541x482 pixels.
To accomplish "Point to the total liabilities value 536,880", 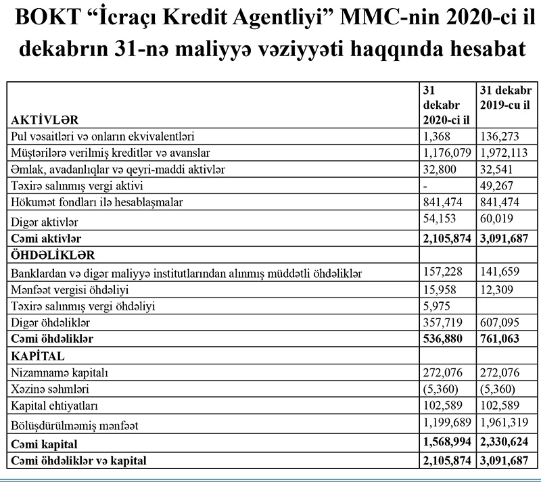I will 440,337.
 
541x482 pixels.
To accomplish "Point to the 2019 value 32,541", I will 497,169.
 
